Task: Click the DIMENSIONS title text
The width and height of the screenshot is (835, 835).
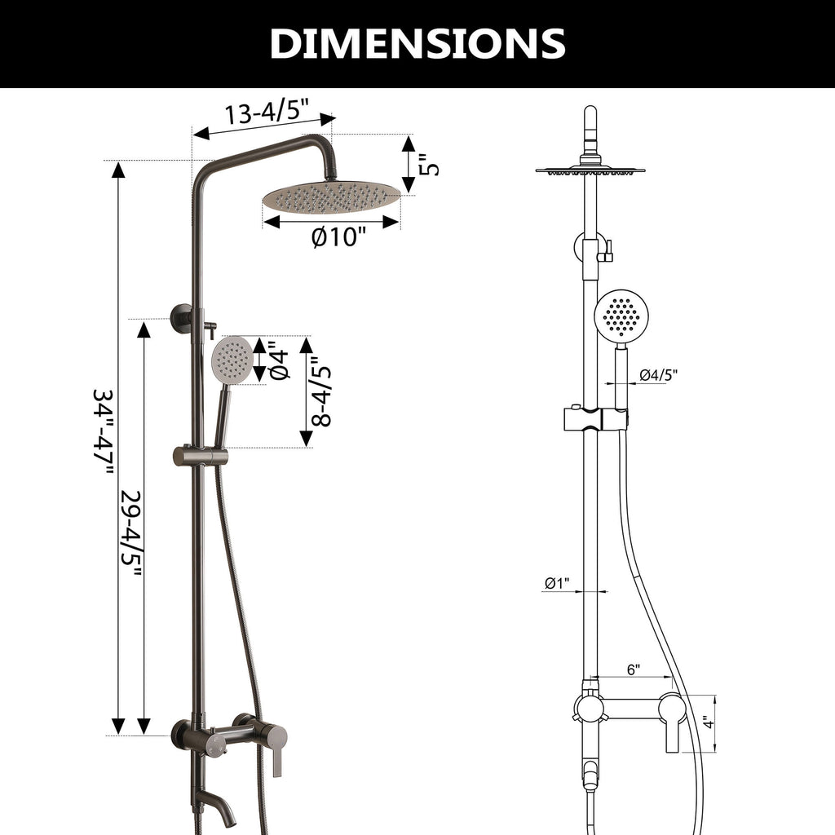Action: pos(417,43)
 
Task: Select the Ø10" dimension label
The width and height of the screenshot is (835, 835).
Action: pos(339,238)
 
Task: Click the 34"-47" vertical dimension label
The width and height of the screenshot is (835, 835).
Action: pos(104,432)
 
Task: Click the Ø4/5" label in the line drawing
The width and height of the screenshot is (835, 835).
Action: pos(658,375)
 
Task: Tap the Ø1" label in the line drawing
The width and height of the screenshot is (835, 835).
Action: pos(558,583)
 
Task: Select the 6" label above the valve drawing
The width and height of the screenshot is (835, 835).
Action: pos(633,669)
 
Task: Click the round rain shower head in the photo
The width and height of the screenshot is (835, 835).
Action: pos(331,197)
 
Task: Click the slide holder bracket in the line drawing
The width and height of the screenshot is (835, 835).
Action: pos(597,419)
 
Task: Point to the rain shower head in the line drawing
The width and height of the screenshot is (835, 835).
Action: pos(590,170)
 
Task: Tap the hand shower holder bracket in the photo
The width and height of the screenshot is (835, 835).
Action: pos(199,456)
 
